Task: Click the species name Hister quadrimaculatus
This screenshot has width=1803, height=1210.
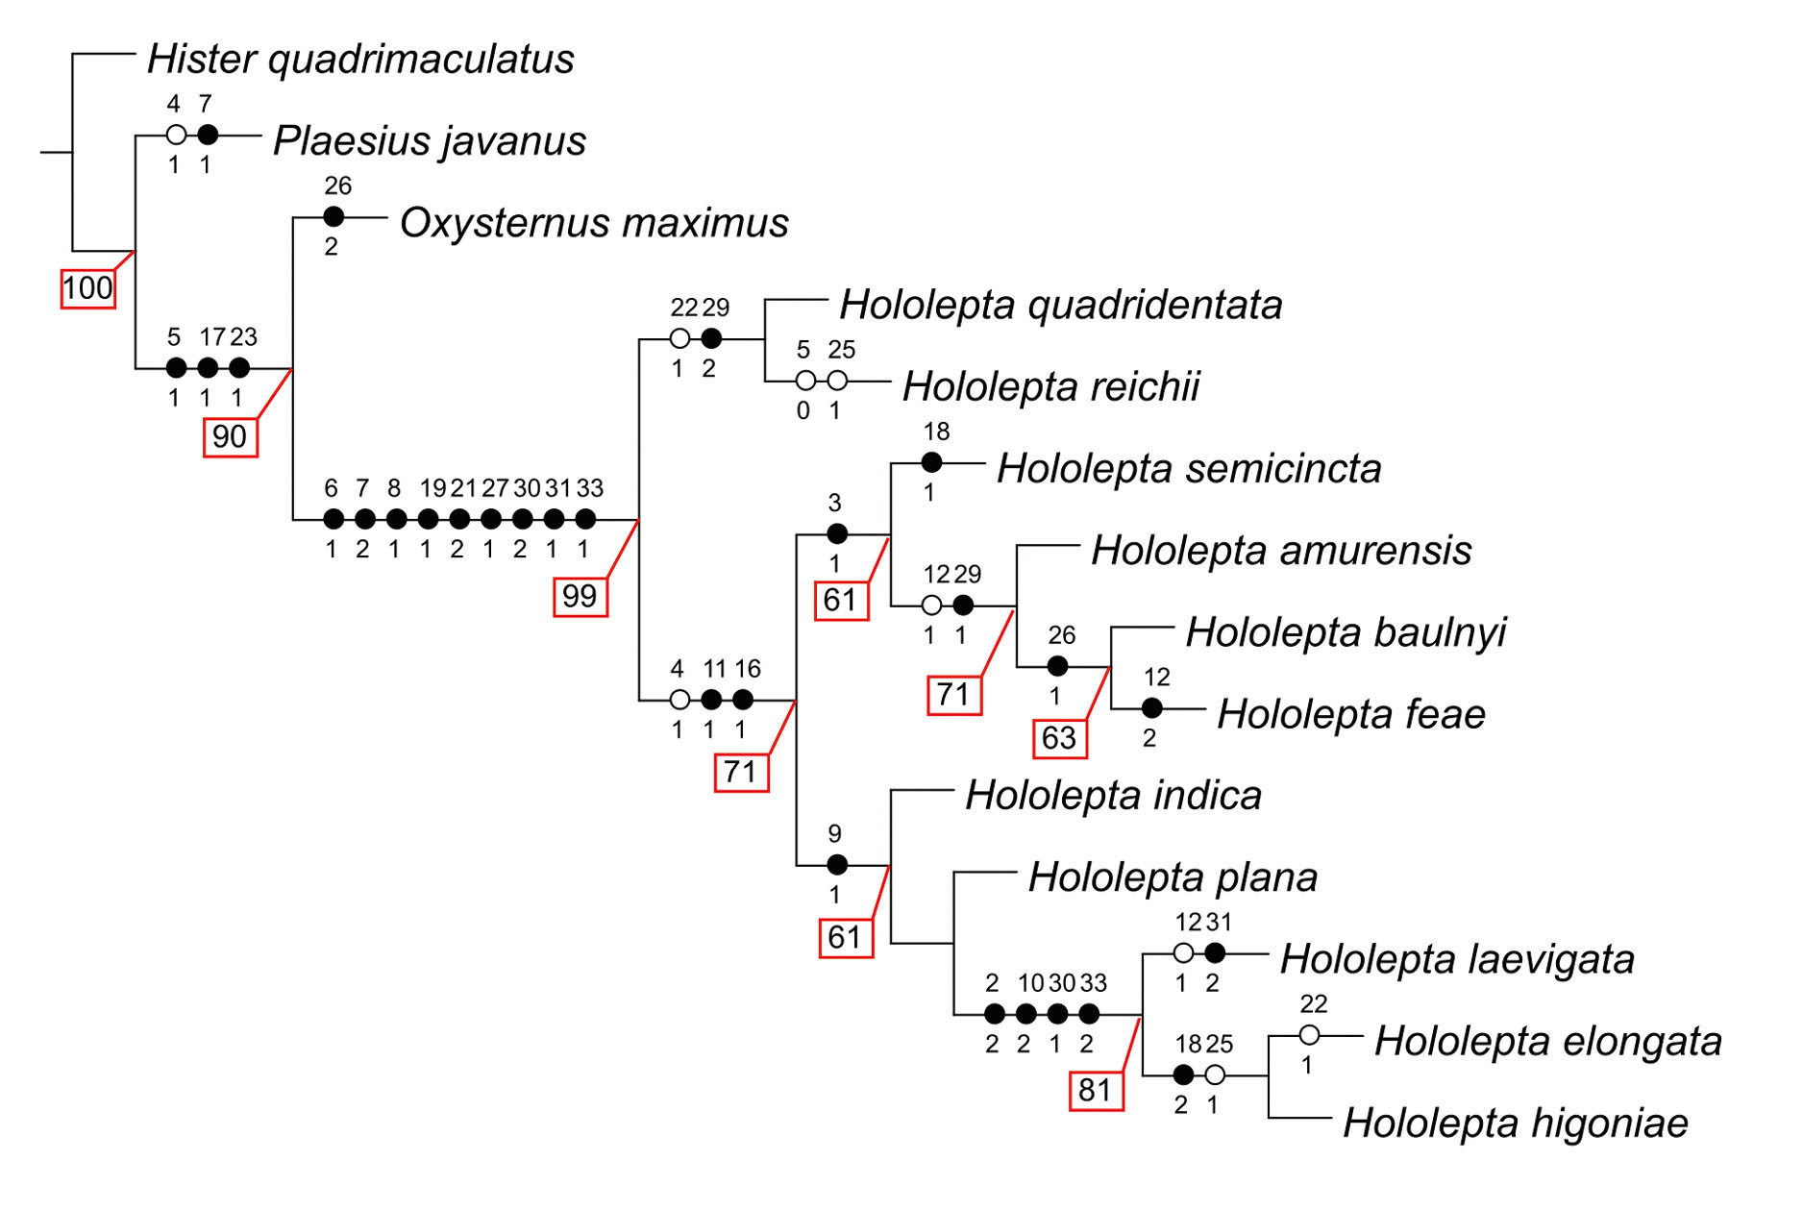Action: click(360, 60)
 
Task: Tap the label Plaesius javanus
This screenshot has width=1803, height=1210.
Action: click(430, 141)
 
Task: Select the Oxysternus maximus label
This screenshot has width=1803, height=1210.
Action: click(594, 223)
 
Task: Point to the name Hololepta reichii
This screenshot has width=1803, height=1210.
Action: click(1050, 386)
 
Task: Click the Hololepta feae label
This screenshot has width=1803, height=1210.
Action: click(1351, 714)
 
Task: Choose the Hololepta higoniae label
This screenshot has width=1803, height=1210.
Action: click(1515, 1123)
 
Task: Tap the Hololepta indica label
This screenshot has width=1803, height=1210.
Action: click(1113, 796)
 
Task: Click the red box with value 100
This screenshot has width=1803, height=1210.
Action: click(87, 288)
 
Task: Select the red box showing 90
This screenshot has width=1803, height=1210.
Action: click(230, 437)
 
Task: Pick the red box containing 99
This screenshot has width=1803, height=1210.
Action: click(580, 597)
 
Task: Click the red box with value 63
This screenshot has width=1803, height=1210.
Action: click(1059, 738)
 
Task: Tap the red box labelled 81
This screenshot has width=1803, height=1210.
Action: click(1096, 1091)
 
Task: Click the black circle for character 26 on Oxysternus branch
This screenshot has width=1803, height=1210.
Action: click(333, 217)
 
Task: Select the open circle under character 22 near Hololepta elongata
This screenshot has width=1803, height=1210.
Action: click(1309, 1035)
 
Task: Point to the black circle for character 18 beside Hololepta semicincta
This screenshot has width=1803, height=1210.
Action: click(931, 462)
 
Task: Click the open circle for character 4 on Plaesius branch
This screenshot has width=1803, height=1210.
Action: click(176, 136)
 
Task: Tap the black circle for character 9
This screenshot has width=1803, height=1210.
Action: click(837, 864)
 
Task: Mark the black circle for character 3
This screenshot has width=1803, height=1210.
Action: click(837, 533)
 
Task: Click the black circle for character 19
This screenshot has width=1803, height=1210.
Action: click(429, 520)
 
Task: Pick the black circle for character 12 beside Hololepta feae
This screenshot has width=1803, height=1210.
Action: click(1152, 708)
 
